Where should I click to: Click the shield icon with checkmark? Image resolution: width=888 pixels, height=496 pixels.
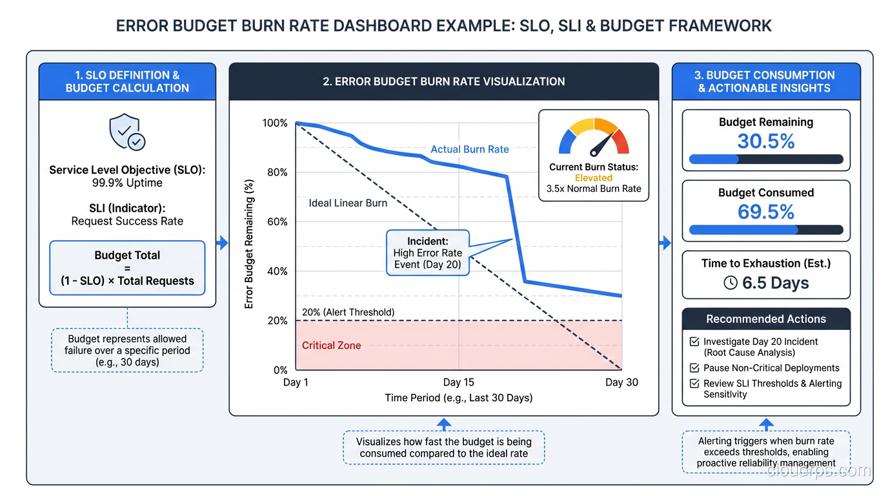point(126,132)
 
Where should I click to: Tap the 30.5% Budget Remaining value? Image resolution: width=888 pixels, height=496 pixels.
point(766,141)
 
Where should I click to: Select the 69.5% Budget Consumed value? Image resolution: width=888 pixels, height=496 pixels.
point(766,212)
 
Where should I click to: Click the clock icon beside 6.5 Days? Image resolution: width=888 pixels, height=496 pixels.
point(730,283)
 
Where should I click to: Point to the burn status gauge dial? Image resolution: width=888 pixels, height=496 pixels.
point(594,138)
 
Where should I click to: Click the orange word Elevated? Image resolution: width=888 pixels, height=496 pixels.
point(594,178)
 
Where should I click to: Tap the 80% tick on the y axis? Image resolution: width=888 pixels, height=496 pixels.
point(275,172)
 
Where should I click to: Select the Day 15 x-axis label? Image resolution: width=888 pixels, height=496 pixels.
point(458,382)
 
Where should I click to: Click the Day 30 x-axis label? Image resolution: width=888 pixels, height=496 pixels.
point(621,382)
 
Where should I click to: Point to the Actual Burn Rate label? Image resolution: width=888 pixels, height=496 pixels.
point(470,149)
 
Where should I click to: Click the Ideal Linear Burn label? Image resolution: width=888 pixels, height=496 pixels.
point(348,203)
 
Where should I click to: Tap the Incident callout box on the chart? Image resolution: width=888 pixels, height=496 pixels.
point(427,253)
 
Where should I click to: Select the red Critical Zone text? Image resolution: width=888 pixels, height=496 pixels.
point(331,346)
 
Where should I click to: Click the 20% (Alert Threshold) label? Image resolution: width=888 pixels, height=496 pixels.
point(348,313)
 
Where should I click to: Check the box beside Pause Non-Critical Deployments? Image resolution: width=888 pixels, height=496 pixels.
point(694,368)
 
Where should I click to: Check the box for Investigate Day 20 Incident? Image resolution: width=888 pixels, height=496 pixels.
point(694,342)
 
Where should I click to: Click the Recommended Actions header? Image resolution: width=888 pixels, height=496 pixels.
point(766,319)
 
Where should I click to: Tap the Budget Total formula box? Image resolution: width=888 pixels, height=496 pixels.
point(127,268)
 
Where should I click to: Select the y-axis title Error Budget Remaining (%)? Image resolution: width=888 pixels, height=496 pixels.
point(249,244)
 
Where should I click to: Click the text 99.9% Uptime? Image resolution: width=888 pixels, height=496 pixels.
point(127,183)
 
